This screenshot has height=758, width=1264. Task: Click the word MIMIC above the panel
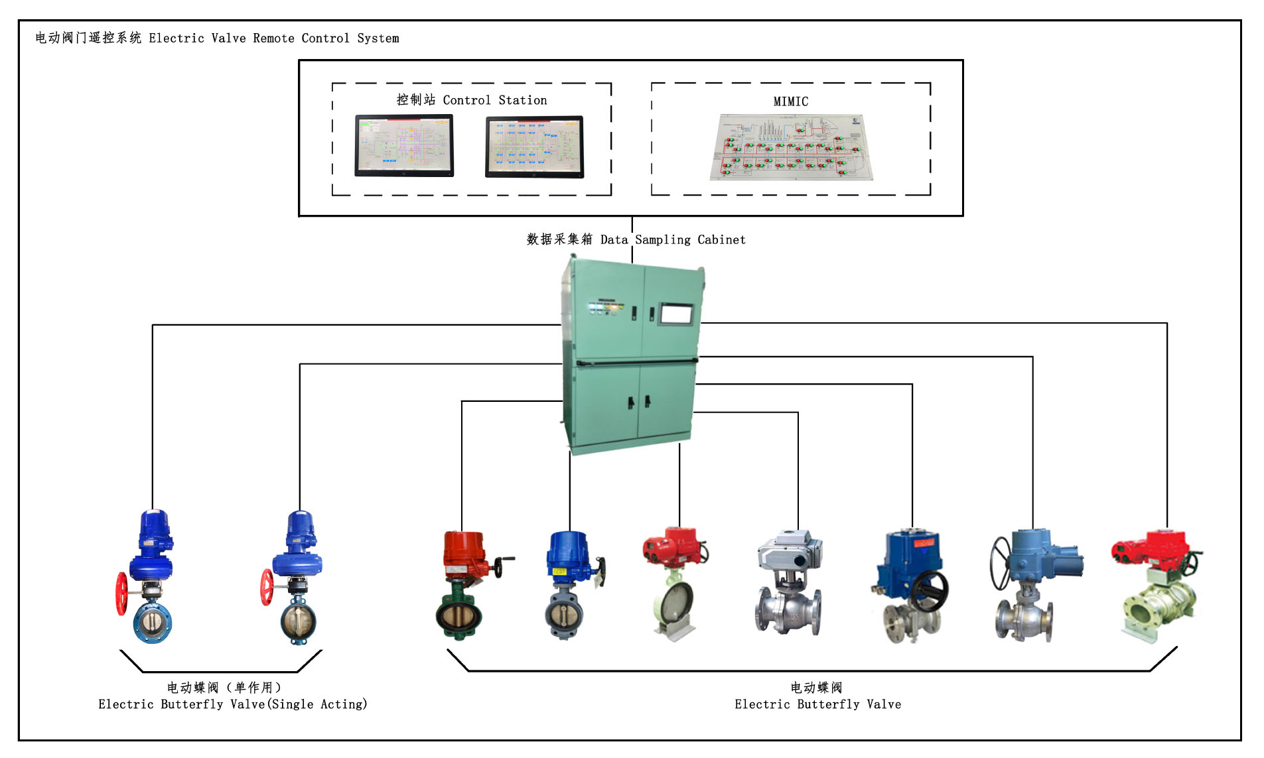pyautogui.click(x=790, y=101)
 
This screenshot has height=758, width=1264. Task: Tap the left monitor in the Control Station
pyautogui.click(x=404, y=145)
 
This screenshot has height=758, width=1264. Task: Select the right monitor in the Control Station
pyautogui.click(x=535, y=147)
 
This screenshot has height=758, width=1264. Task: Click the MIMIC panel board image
pyautogui.click(x=791, y=147)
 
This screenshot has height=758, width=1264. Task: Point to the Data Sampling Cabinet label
pyautogui.click(x=636, y=239)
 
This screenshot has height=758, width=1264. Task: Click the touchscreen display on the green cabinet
pyautogui.click(x=676, y=314)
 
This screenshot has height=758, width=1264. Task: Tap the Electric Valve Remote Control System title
pyautogui.click(x=217, y=38)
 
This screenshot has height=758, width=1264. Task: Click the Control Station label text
pyautogui.click(x=472, y=100)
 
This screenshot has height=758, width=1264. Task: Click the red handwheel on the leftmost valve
pyautogui.click(x=122, y=593)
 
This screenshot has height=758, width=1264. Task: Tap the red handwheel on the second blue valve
pyautogui.click(x=267, y=587)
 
